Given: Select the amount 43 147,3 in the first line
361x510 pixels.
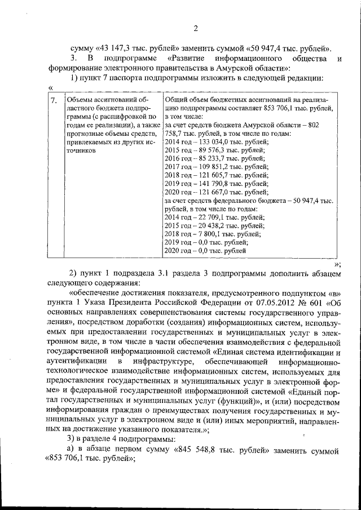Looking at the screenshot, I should click(x=122, y=47).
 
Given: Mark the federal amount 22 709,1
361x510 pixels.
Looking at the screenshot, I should click(x=211, y=217).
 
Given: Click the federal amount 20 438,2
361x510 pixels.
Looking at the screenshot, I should click(x=211, y=225).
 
